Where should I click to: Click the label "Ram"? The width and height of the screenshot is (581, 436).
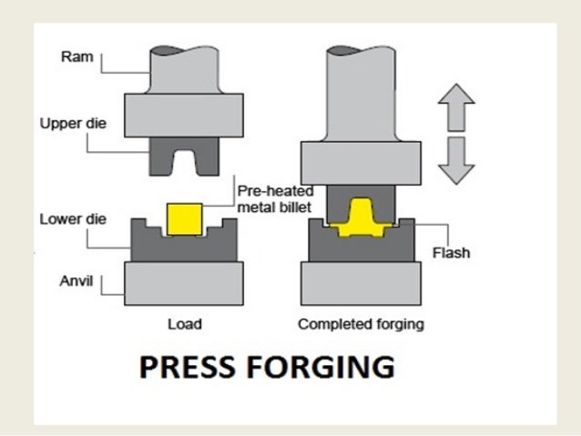(x=72, y=57)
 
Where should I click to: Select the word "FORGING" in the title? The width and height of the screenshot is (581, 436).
(x=319, y=369)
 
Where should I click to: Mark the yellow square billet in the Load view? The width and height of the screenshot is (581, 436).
(x=186, y=218)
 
